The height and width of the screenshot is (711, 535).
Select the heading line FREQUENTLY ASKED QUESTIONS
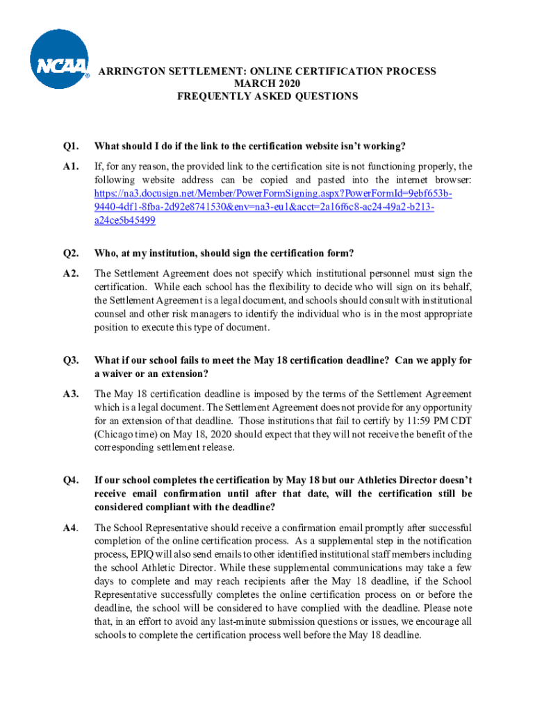click(267, 97)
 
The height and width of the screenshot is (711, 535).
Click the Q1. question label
click(69, 146)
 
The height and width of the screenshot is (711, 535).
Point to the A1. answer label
click(69, 167)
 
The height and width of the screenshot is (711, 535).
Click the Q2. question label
click(69, 252)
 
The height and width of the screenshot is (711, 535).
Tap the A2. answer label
click(69, 273)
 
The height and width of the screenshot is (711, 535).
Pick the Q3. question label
click(69, 360)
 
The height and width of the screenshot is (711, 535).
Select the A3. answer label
click(69, 394)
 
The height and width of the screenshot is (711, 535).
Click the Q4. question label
click(69, 480)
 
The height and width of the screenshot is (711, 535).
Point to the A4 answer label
click(69, 527)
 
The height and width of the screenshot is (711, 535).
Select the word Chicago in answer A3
click(117, 434)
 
